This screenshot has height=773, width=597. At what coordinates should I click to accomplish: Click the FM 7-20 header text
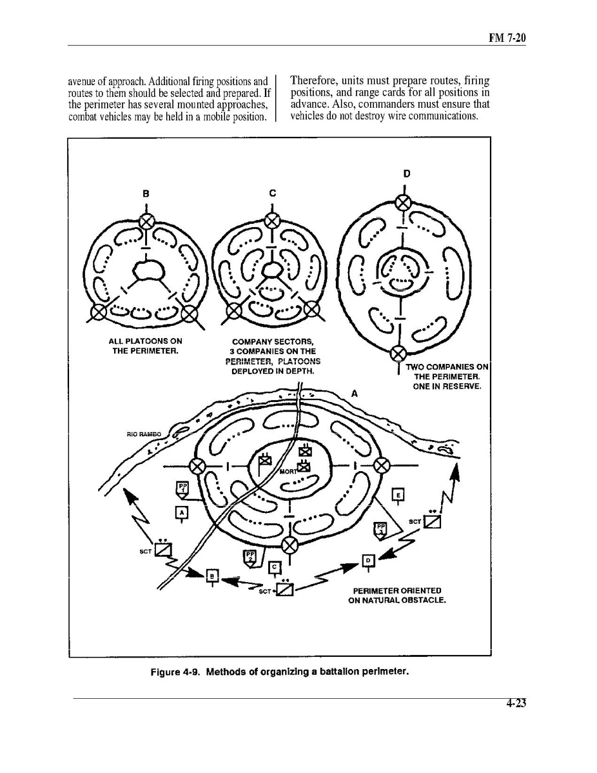click(x=507, y=39)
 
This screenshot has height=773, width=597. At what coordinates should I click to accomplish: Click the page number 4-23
click(x=516, y=705)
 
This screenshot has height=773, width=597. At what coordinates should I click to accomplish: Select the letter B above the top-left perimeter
click(x=146, y=192)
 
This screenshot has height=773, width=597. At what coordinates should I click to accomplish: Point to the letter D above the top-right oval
click(x=407, y=174)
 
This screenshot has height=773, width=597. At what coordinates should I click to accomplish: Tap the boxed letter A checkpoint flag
click(x=182, y=512)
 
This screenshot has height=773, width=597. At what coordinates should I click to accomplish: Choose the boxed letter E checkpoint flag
click(x=398, y=495)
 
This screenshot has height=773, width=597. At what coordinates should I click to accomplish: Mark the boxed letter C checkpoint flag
click(x=275, y=566)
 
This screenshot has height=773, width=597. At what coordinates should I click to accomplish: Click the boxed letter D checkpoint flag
click(x=369, y=560)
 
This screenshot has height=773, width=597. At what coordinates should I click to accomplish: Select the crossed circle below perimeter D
click(x=399, y=353)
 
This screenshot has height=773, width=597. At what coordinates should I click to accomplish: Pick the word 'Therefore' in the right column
click(x=313, y=82)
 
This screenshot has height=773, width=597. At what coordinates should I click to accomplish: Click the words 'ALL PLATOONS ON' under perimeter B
click(x=145, y=341)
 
